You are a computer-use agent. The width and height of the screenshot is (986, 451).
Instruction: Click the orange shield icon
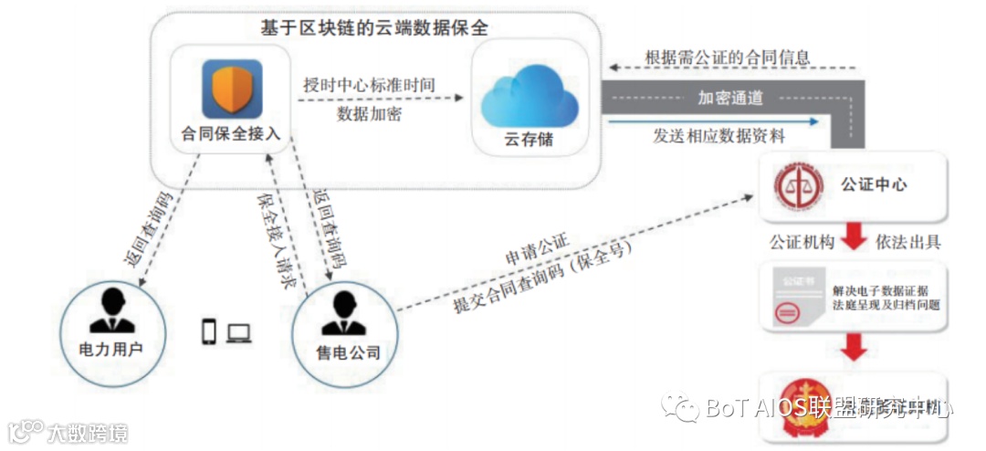tap(232, 89)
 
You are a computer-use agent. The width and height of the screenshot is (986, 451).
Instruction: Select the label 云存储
tap(529, 141)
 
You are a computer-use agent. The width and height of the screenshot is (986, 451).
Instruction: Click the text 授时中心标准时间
tap(369, 85)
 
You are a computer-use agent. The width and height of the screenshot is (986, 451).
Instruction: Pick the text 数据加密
tap(369, 114)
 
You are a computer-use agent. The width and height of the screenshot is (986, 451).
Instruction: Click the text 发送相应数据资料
tap(719, 135)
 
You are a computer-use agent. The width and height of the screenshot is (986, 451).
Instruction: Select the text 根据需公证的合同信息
tap(728, 57)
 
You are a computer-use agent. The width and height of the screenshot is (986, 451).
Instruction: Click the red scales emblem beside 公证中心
tap(792, 185)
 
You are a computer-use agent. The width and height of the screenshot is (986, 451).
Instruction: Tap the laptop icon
tap(239, 333)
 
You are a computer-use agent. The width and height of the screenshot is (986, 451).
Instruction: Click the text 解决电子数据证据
tap(885, 289)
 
